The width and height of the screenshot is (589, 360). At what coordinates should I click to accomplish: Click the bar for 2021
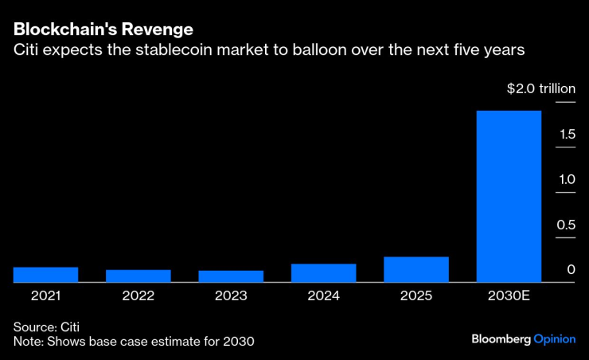click(x=45, y=274)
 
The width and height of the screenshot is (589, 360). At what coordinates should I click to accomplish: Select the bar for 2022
click(x=138, y=276)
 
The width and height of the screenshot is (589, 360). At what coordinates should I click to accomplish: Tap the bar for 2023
click(x=231, y=276)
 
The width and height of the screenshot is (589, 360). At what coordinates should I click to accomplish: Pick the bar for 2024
click(x=323, y=272)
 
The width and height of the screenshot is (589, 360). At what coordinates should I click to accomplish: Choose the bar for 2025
click(x=415, y=269)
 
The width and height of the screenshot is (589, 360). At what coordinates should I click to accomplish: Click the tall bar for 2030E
click(x=508, y=196)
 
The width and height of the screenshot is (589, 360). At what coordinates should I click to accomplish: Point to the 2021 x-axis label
click(x=45, y=295)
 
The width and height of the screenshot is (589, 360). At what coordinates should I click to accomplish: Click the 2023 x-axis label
click(x=231, y=295)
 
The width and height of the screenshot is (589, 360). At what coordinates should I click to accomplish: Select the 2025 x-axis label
click(x=415, y=295)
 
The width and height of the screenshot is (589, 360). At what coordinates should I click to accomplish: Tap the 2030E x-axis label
click(x=508, y=295)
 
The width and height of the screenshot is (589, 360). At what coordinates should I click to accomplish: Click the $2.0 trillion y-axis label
click(x=540, y=89)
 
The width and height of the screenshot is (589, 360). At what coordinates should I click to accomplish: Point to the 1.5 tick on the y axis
click(x=566, y=135)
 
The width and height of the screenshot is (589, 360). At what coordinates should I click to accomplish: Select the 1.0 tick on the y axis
click(x=566, y=180)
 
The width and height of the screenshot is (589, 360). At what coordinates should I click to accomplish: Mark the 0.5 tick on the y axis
click(x=566, y=225)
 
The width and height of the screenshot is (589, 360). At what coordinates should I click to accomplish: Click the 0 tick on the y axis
click(x=571, y=271)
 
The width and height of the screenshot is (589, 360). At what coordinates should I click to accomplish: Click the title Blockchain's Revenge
click(x=103, y=30)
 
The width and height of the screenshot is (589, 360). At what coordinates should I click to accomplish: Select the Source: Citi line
click(x=46, y=327)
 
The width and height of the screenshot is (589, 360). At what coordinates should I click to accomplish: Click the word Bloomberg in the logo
click(x=501, y=339)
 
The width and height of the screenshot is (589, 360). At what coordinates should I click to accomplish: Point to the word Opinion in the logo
click(x=554, y=339)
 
